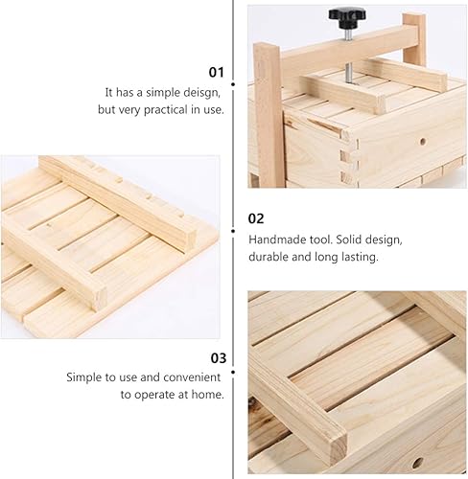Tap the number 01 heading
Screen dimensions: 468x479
click(x=217, y=73)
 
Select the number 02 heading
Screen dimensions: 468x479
click(x=256, y=218)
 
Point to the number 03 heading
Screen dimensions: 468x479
click(x=219, y=358)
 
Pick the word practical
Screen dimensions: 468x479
click(x=166, y=110)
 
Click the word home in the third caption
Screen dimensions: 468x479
click(x=207, y=395)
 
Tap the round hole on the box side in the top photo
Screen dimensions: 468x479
click(x=423, y=141)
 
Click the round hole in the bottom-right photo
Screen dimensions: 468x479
click(x=417, y=463)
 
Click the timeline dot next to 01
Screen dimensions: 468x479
click(x=233, y=84)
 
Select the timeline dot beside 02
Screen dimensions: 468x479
click(x=233, y=231)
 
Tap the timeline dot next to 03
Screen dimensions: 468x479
click(x=233, y=373)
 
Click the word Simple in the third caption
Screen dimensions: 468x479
click(x=83, y=377)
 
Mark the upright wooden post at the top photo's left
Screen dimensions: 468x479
click(x=269, y=115)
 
